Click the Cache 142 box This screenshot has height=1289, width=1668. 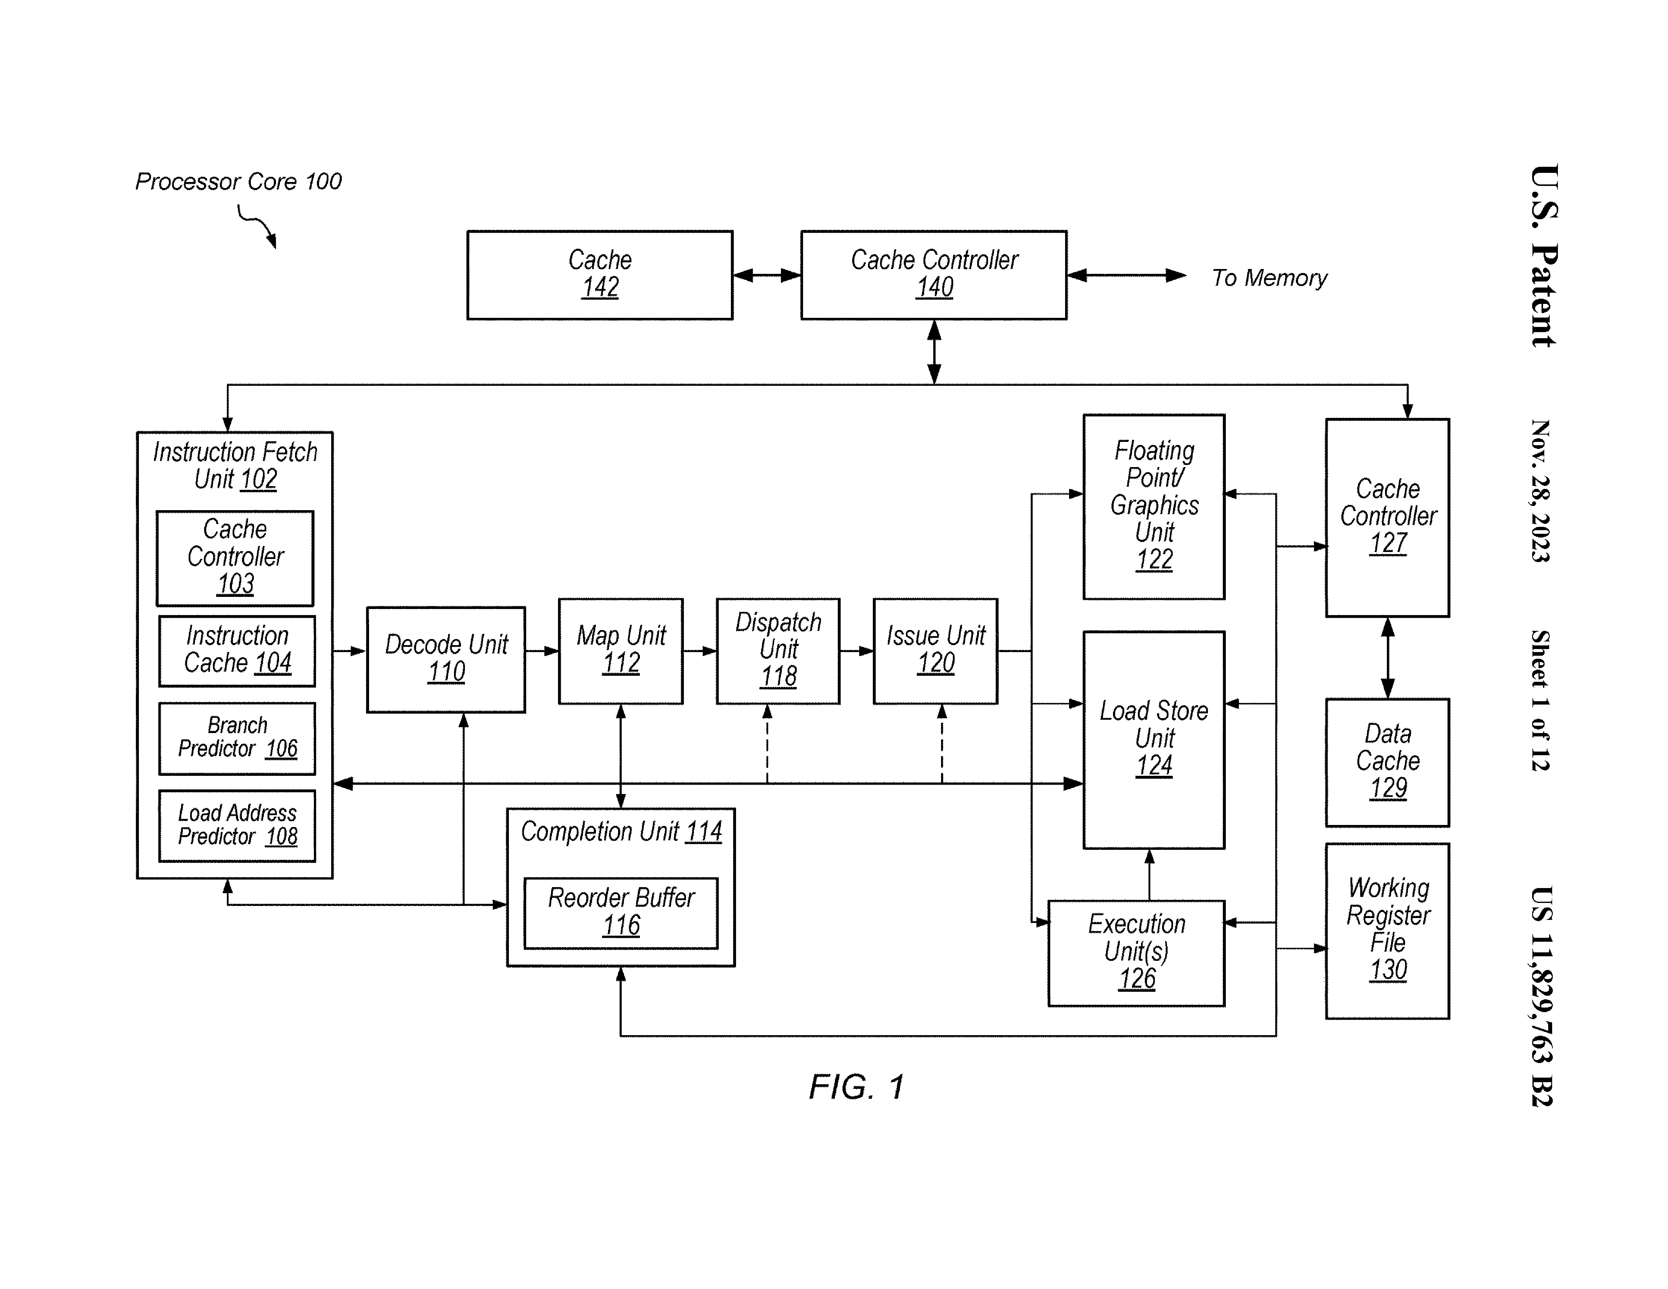(x=600, y=275)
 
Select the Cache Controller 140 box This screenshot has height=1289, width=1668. (x=933, y=275)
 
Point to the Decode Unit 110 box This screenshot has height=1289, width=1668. (x=446, y=659)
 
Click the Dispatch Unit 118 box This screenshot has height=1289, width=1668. (x=778, y=651)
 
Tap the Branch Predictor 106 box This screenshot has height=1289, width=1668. (x=237, y=738)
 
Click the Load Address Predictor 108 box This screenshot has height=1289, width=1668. (x=237, y=826)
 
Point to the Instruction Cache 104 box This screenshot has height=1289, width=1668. (x=237, y=651)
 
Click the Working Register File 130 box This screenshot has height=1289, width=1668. (x=1387, y=930)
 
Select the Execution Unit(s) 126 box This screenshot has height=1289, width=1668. (x=1136, y=952)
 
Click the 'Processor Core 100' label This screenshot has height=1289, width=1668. (x=238, y=182)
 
